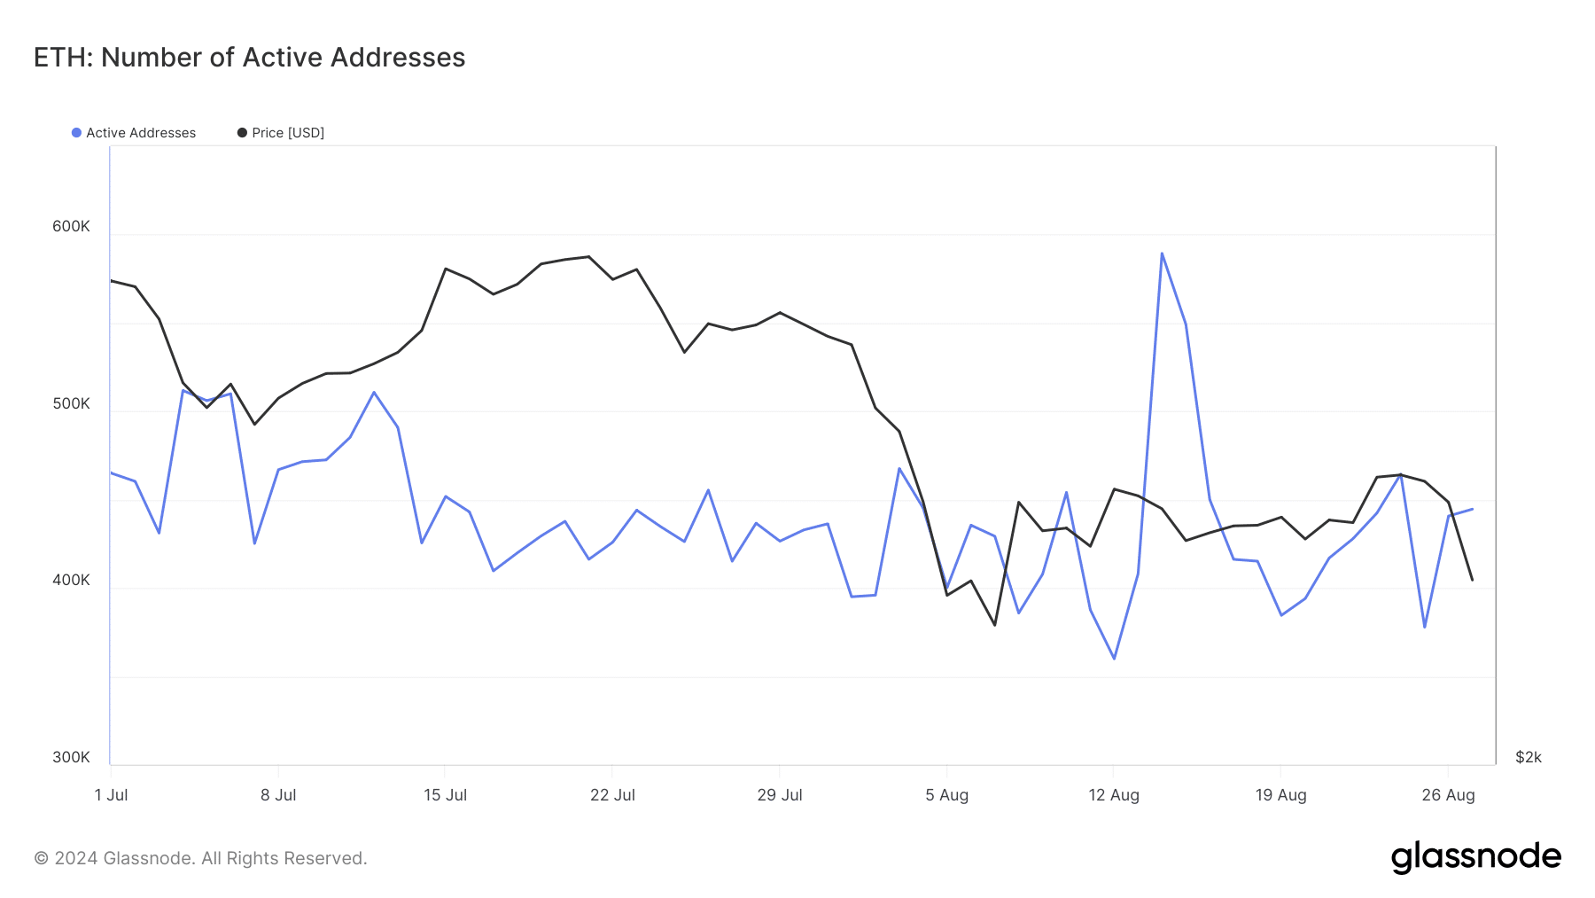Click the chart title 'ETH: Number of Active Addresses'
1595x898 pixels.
249,58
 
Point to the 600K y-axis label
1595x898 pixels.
71,226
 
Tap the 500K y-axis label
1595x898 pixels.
71,403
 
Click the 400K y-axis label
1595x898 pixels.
71,580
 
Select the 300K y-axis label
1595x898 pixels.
71,757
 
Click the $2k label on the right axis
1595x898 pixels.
1528,757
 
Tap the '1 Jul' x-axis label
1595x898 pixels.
111,795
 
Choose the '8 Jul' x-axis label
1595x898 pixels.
278,795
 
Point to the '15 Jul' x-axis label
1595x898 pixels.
445,795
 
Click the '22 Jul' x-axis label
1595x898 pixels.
612,795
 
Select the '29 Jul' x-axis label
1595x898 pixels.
780,795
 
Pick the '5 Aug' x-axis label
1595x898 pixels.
946,795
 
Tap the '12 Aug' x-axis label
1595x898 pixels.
1114,795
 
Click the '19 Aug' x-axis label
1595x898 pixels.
1280,795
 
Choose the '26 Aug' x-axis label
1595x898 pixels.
1448,795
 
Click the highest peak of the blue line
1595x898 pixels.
1162,254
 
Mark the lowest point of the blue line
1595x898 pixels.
1114,659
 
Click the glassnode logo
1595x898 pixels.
1475,857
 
